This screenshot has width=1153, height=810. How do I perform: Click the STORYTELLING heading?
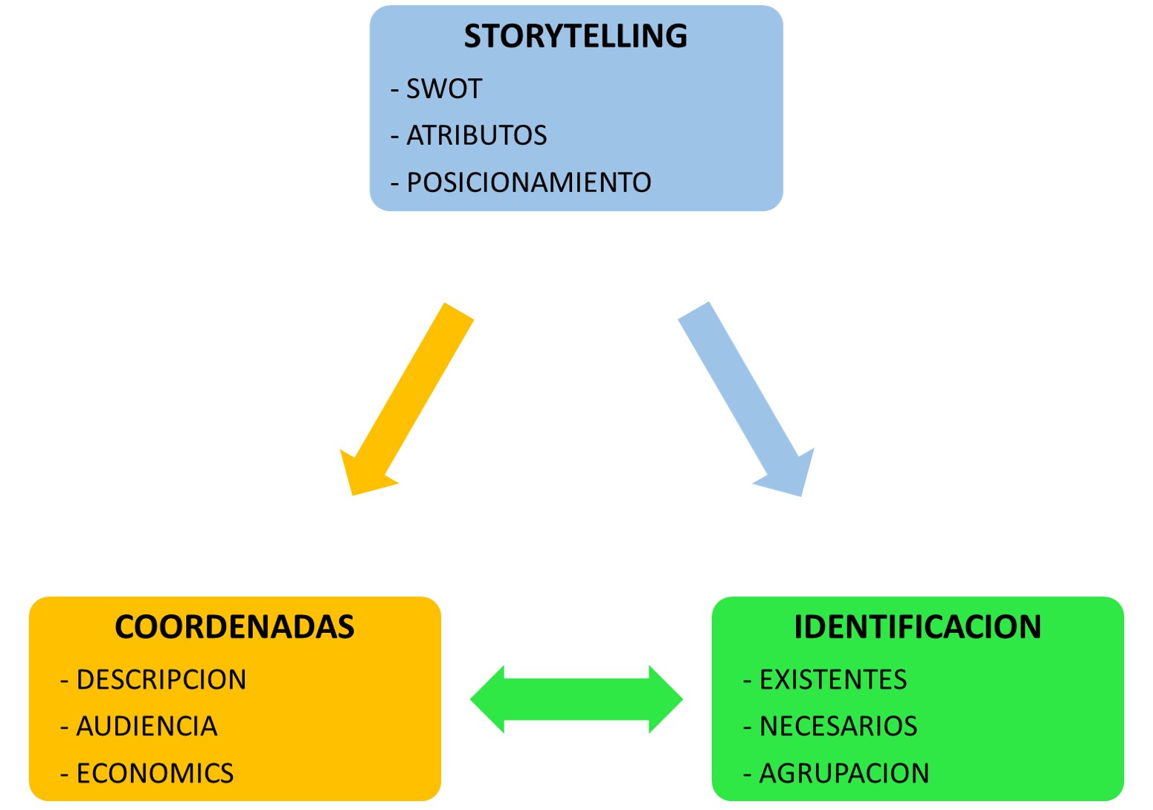click(x=575, y=36)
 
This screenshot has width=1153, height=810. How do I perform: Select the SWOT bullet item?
click(x=443, y=89)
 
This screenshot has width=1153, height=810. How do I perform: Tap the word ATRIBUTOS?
click(x=476, y=135)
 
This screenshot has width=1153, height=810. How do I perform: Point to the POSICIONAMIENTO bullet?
click(x=528, y=182)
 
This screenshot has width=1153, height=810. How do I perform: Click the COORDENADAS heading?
click(x=234, y=627)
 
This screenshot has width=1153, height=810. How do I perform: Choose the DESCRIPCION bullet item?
click(x=161, y=680)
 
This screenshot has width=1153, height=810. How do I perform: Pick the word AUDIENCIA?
click(x=147, y=726)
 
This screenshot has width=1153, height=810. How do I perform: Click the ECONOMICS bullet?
click(x=155, y=774)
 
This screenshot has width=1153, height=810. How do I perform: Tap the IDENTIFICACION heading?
click(x=917, y=627)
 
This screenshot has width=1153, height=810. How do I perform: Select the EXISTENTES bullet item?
click(x=832, y=680)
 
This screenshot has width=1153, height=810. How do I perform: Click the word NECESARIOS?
click(x=838, y=726)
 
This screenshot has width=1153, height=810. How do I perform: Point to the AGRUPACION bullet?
click(x=844, y=774)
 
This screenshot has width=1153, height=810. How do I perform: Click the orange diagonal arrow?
click(x=413, y=387)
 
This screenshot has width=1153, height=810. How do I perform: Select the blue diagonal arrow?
click(x=740, y=387)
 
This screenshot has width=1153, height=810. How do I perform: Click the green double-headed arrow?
click(x=576, y=699)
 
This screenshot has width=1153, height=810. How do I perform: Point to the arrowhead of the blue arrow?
click(x=789, y=477)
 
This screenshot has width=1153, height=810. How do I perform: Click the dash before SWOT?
click(x=395, y=90)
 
